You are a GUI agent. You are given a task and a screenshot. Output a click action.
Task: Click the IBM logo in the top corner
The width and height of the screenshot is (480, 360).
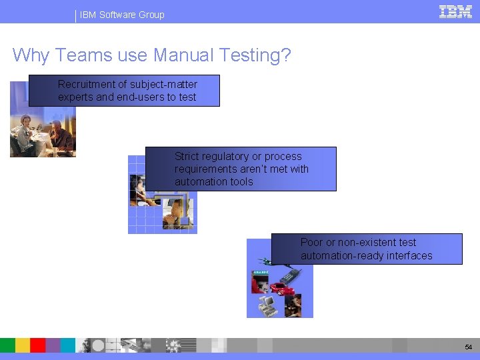tap(455, 11)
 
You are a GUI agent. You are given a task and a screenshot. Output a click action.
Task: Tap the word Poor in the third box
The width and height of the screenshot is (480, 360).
tap(311, 243)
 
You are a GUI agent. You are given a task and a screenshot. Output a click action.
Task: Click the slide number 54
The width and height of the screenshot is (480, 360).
tap(467, 347)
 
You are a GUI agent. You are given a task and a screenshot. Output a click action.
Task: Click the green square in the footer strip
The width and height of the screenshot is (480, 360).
tap(7, 345)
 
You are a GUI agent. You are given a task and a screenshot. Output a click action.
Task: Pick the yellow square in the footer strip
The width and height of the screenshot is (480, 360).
tap(23, 345)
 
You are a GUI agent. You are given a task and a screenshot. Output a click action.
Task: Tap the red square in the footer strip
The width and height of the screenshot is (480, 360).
tap(38, 345)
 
